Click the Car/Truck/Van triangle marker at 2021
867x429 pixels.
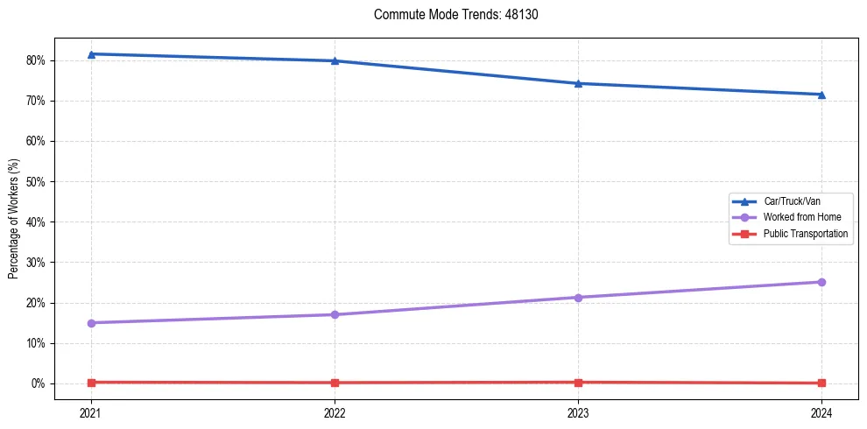[x=91, y=54]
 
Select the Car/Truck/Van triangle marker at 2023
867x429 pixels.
[x=578, y=83]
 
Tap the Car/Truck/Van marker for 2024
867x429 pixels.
[x=821, y=95]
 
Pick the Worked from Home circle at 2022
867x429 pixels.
[x=335, y=314]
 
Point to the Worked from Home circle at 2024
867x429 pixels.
[x=821, y=282]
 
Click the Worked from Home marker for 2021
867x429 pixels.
[x=91, y=323]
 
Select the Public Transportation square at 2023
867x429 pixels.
[x=578, y=382]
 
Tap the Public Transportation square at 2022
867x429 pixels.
[x=335, y=383]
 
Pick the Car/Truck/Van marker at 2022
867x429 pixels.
[x=335, y=60]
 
